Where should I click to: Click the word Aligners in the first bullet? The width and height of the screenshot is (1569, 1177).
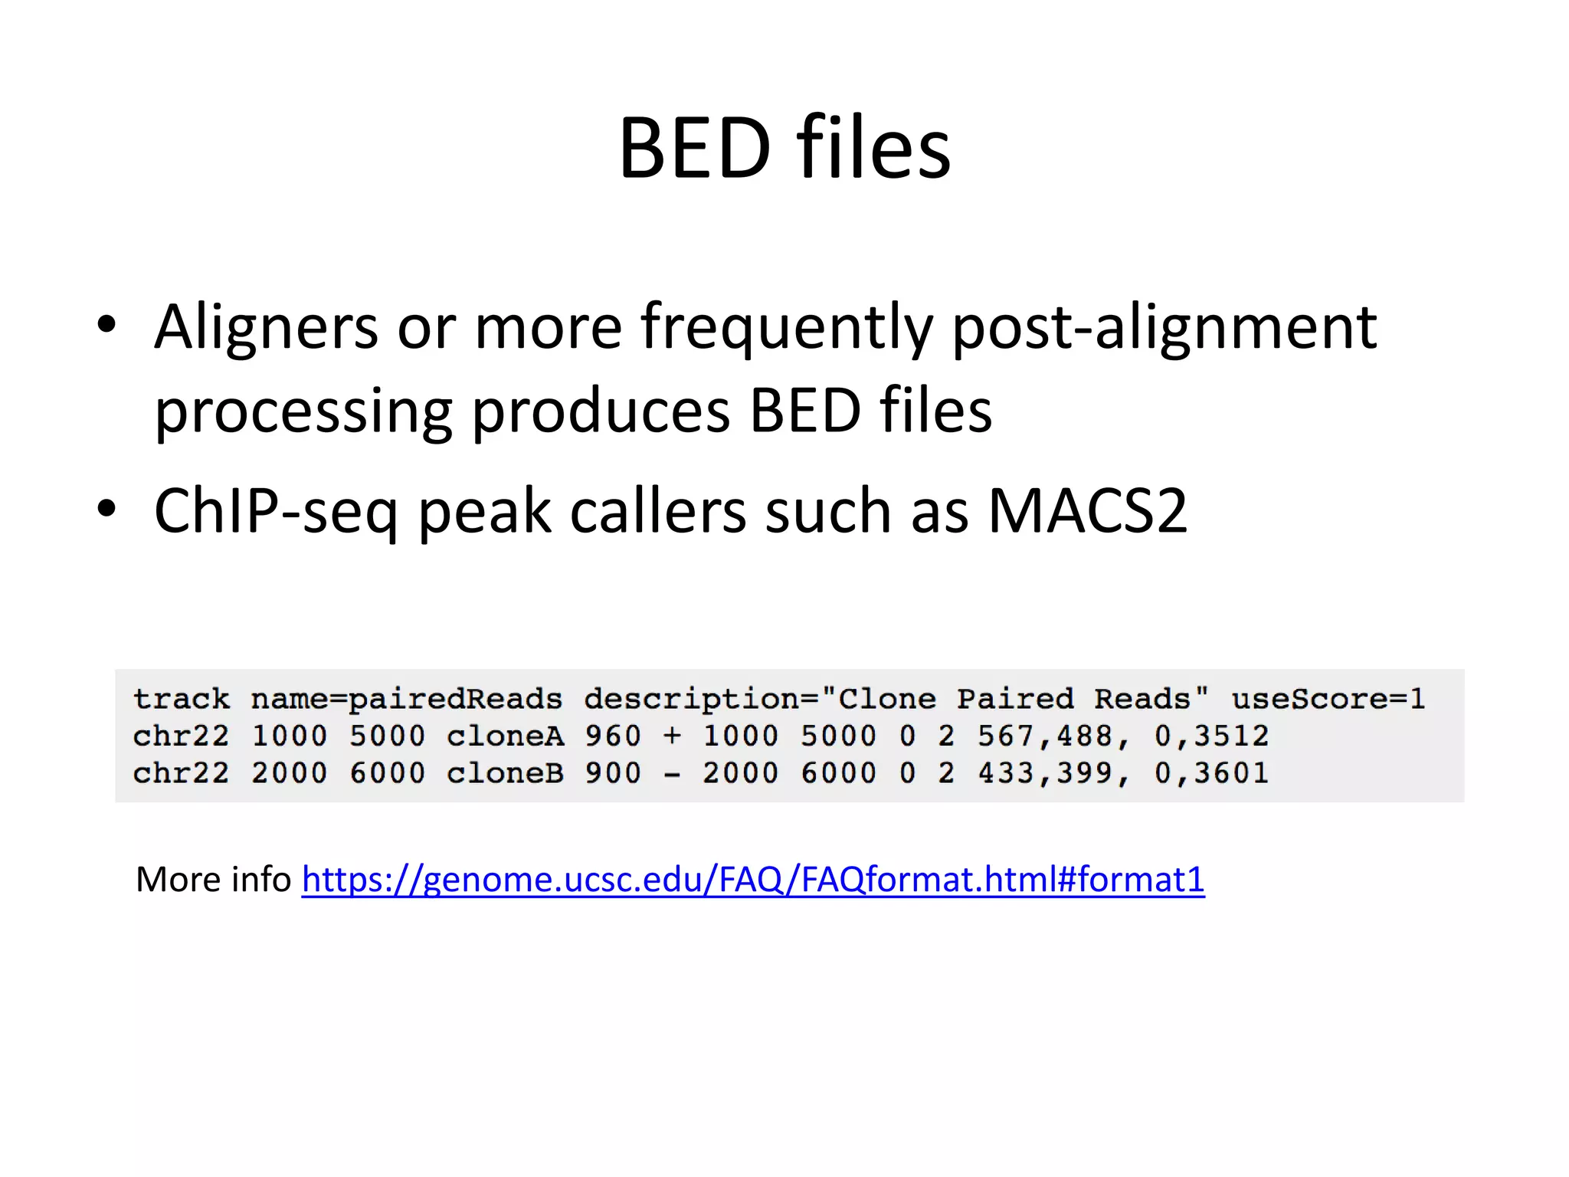(266, 326)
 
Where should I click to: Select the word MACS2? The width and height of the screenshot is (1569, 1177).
(1087, 511)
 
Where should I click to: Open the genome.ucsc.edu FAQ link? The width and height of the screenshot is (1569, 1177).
(752, 880)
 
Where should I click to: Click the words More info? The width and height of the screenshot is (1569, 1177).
(213, 880)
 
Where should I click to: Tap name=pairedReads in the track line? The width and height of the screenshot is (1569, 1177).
(406, 700)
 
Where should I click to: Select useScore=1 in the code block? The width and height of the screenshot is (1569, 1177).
(1328, 699)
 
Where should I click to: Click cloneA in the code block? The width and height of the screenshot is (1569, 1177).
(505, 736)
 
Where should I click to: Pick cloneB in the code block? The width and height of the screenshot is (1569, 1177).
(505, 773)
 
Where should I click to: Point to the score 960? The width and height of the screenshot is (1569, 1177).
(612, 736)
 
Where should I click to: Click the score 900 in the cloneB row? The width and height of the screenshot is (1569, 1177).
(612, 773)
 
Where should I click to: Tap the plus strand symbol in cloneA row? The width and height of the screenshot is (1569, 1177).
(672, 736)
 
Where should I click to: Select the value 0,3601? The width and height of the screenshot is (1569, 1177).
(1210, 773)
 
